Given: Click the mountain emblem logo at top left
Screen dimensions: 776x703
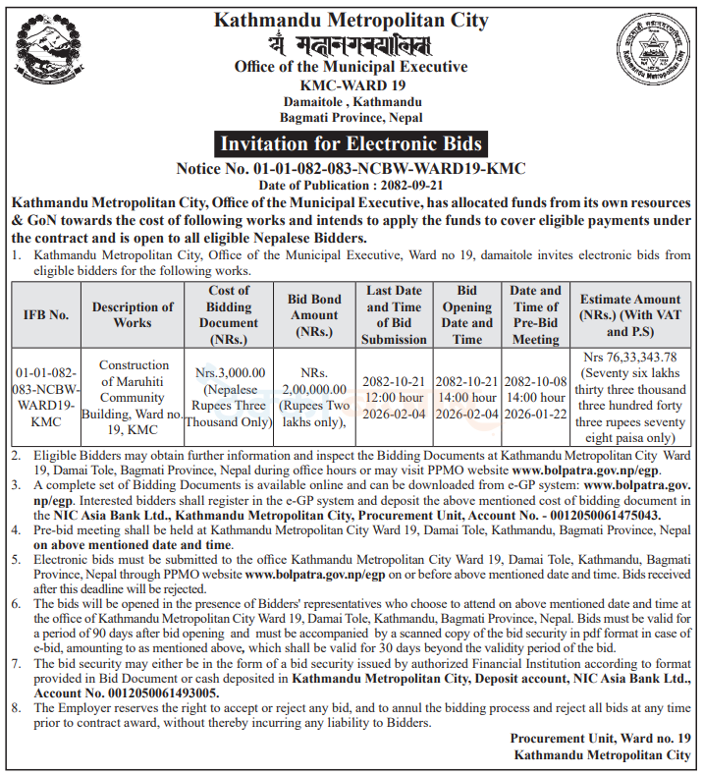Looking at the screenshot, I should (43, 54).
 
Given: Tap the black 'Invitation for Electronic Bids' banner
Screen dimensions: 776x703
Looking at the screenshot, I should (351, 143).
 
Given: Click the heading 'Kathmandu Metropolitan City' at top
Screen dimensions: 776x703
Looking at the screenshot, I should (351, 19).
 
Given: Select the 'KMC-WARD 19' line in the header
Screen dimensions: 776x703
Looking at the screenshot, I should (351, 84).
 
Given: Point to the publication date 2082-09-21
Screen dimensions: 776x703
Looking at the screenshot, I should (406, 185).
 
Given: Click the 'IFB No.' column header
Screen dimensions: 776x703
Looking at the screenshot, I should (46, 314).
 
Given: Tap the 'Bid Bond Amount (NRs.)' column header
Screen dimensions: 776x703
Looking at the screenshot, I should (314, 314).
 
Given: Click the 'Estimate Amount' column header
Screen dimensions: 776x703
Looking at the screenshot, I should (629, 306).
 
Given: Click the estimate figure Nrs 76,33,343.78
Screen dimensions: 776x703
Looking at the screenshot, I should (629, 357).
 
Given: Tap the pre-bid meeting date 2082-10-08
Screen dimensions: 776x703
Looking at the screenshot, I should (536, 381).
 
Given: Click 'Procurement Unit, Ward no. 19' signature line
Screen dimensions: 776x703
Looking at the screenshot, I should (600, 738).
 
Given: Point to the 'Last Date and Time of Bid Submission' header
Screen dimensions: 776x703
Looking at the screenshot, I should (394, 314).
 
